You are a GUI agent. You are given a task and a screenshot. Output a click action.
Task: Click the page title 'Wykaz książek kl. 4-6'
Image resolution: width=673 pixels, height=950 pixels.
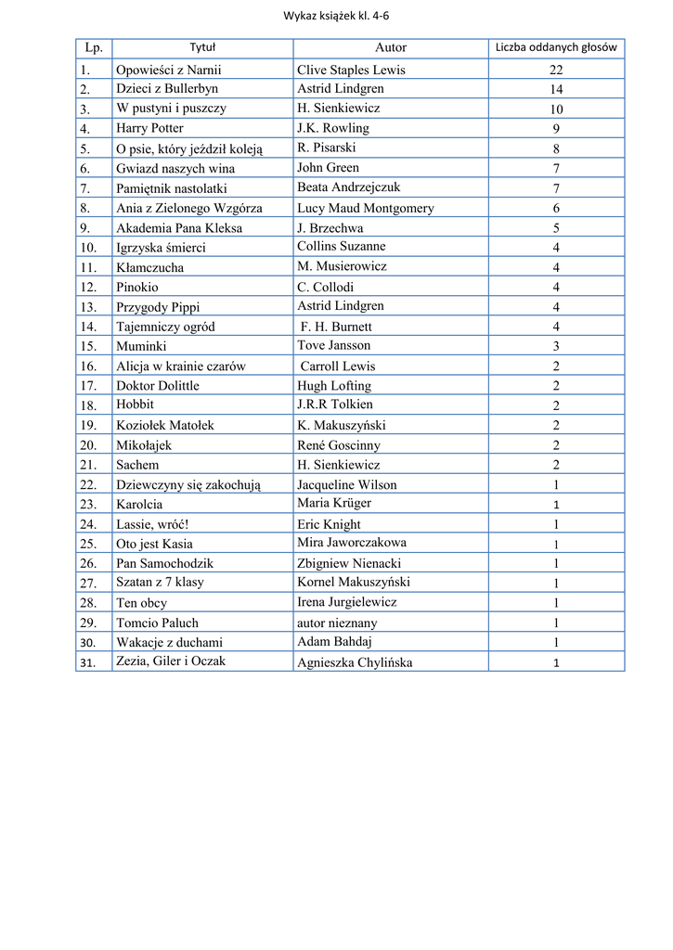tap(336, 15)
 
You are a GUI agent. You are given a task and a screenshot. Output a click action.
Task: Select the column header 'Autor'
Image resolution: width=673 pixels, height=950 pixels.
tap(391, 47)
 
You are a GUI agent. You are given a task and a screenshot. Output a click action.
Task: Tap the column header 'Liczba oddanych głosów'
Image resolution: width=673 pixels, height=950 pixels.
tap(556, 47)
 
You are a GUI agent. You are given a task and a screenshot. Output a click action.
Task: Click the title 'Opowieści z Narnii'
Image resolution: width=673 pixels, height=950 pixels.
tap(169, 70)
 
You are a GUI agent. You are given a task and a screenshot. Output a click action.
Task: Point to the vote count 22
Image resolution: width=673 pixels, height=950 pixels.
tap(556, 71)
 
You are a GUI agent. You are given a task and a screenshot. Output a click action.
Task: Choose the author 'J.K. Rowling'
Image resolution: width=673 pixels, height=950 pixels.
tap(333, 128)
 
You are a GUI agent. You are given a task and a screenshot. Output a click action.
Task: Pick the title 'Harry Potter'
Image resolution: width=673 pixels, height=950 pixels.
tap(149, 128)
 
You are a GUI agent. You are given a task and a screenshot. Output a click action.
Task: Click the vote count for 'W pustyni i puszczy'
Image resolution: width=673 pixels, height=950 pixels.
tap(556, 109)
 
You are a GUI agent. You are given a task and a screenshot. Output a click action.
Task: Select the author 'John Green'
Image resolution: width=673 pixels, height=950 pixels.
tap(328, 168)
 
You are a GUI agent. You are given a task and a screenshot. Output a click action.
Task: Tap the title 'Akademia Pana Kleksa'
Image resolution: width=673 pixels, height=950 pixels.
tap(179, 228)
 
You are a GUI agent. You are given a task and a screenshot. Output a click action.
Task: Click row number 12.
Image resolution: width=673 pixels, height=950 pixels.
tap(88, 288)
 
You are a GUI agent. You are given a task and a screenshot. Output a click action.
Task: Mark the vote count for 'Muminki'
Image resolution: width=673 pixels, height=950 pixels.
tap(556, 346)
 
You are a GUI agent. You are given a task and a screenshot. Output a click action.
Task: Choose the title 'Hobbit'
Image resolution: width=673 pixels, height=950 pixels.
tap(135, 404)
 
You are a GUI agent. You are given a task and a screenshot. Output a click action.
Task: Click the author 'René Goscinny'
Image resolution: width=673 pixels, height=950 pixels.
tap(339, 445)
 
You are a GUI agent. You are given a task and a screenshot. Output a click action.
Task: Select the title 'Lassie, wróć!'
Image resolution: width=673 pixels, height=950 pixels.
tap(152, 524)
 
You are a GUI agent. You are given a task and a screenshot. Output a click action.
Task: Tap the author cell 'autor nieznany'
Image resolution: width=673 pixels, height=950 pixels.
tap(337, 623)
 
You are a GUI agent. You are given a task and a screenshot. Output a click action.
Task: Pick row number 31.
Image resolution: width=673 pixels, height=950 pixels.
tap(88, 662)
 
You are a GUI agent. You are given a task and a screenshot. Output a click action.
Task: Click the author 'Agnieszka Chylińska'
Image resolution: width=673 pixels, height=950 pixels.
tap(355, 662)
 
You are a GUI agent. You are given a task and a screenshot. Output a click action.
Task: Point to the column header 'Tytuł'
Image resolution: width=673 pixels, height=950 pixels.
tap(202, 47)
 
